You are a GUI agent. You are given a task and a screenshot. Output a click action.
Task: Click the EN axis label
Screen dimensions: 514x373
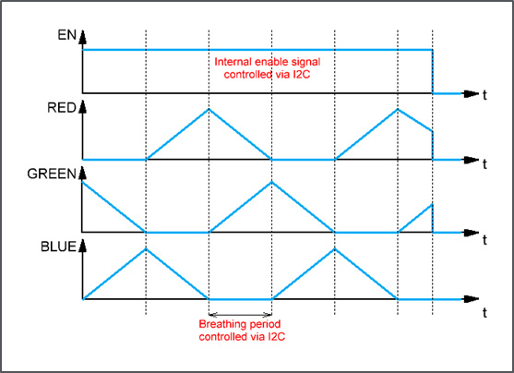(66, 35)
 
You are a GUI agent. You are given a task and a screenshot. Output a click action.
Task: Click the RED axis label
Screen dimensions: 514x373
(62, 108)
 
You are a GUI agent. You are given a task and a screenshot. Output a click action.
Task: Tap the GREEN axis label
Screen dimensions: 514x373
(52, 174)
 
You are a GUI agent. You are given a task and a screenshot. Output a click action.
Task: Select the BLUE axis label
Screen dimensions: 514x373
(58, 247)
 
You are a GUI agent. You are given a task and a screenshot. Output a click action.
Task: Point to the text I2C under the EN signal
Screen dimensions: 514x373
(301, 75)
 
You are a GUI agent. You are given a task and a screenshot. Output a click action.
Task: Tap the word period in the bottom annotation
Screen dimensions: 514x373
(266, 324)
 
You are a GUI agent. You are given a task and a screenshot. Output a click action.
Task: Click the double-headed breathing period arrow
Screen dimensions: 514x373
(240, 315)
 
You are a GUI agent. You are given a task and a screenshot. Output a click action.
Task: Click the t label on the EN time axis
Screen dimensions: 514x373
(484, 95)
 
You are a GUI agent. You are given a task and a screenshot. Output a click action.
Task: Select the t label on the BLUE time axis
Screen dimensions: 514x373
(484, 313)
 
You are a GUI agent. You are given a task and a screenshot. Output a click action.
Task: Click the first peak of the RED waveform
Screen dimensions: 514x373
(209, 109)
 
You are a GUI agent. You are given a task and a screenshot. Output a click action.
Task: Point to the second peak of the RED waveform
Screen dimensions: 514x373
(398, 109)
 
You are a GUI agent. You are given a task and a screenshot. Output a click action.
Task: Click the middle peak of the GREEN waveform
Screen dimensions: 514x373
(271, 182)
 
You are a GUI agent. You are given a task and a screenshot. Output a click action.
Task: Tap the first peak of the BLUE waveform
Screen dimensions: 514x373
(146, 249)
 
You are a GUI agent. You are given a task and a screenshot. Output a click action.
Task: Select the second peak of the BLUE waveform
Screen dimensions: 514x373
(335, 249)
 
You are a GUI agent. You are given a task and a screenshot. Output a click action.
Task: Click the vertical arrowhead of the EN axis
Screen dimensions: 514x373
(83, 37)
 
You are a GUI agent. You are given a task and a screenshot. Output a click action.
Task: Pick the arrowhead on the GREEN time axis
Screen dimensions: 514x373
(472, 233)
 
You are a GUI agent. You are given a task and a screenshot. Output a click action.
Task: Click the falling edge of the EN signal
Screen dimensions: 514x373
(433, 71)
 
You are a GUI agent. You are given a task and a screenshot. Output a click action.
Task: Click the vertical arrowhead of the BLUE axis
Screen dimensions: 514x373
(83, 246)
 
